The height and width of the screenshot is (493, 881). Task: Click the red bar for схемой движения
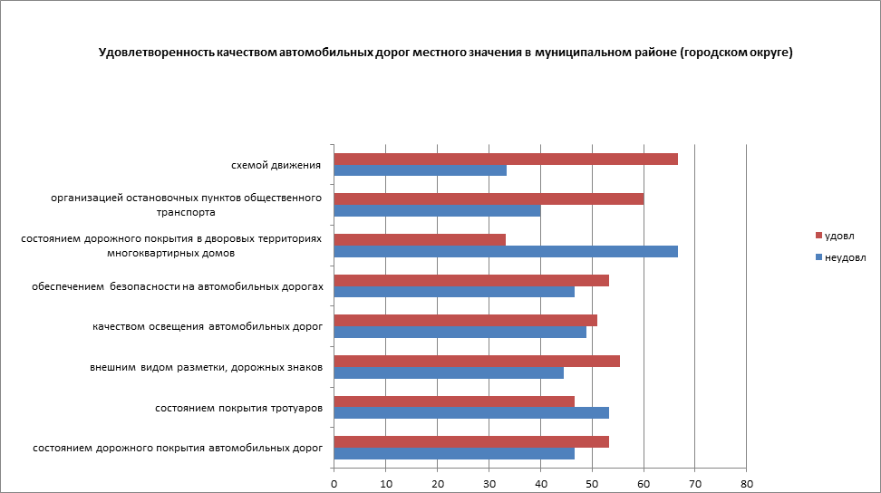click(x=506, y=159)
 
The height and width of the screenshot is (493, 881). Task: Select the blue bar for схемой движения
click(x=421, y=170)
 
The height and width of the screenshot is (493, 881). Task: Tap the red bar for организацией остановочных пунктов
click(x=489, y=199)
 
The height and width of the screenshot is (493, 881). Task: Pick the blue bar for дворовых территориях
click(x=506, y=251)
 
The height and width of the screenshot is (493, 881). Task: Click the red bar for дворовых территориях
click(x=420, y=240)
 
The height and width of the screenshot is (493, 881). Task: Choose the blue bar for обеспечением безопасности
click(x=454, y=291)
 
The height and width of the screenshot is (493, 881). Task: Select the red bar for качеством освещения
click(x=466, y=320)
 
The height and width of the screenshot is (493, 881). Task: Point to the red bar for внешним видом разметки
click(x=477, y=361)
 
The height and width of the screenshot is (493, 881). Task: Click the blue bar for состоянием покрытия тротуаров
click(x=471, y=412)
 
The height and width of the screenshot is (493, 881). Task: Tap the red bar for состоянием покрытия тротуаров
click(x=454, y=401)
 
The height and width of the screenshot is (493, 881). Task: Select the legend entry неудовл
click(x=844, y=256)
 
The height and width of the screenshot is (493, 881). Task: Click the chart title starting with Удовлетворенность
click(x=446, y=53)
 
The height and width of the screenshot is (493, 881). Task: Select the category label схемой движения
click(x=276, y=165)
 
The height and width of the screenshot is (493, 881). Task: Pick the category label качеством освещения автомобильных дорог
click(x=208, y=326)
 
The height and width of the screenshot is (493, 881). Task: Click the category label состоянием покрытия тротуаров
click(x=239, y=408)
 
